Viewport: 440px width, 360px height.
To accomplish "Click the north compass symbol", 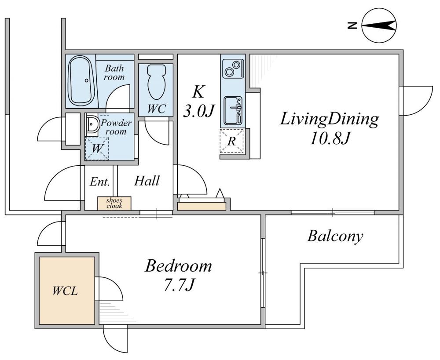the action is coord(379,26).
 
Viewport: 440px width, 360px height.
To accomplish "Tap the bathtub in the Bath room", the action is coord(82,81).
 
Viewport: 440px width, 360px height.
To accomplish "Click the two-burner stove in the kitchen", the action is coord(233,69).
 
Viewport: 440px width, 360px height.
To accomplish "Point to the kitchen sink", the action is coord(233,111).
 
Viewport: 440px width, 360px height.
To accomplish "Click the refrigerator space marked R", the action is coord(231,141).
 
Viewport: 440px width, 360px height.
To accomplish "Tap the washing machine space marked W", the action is coord(97,149).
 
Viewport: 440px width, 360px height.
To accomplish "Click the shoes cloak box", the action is coord(114,203).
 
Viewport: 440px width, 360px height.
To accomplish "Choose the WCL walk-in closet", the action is coord(67,291).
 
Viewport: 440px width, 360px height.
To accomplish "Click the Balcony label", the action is coord(335,236).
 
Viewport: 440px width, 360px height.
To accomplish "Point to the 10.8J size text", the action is coord(330,138).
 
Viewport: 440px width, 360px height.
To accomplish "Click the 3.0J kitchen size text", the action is coord(199,111).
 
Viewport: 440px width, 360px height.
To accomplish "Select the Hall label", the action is coord(147,181).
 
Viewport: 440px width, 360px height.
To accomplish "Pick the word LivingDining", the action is coord(330,120).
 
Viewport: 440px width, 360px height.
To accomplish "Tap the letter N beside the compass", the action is coord(352,26).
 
